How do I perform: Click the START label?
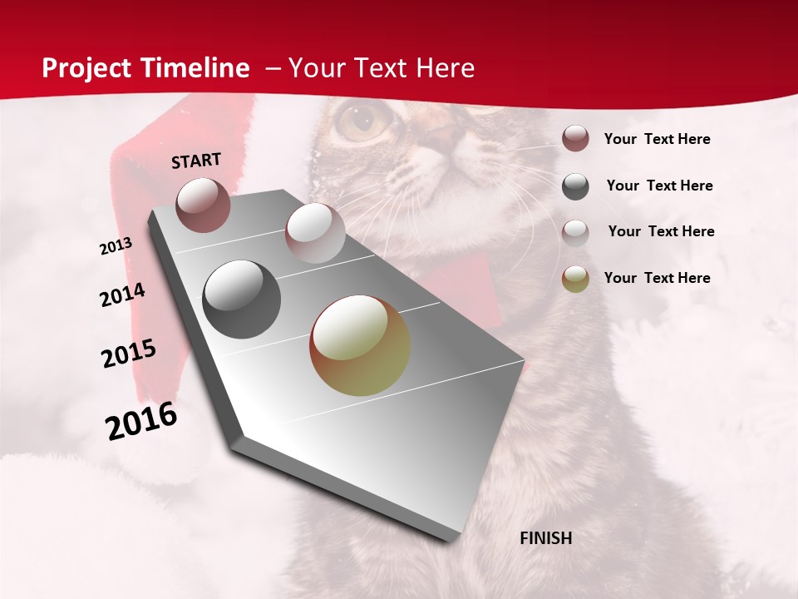[x=196, y=160]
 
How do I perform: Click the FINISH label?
[x=545, y=538]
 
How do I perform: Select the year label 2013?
[x=116, y=246]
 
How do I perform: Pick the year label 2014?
[x=122, y=295]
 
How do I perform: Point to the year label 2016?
[x=141, y=421]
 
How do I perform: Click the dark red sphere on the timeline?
[x=203, y=205]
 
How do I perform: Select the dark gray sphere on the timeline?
[x=241, y=299]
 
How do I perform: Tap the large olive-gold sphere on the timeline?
[x=360, y=345]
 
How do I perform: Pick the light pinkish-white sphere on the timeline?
[x=314, y=232]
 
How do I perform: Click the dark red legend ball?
[x=575, y=139]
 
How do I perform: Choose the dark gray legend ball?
[x=575, y=186]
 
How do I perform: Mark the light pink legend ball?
[x=575, y=232]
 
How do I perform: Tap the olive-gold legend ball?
[x=575, y=279]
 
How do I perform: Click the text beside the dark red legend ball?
[x=657, y=139]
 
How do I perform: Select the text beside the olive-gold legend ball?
[x=657, y=278]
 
